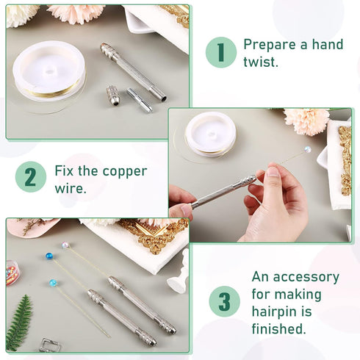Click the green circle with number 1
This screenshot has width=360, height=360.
pyautogui.click(x=221, y=52)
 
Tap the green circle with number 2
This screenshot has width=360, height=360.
pyautogui.click(x=30, y=179)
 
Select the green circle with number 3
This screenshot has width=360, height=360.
pyautogui.click(x=224, y=302)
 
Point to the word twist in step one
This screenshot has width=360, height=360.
pyautogui.click(x=261, y=63)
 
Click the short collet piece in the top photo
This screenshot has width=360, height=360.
pyautogui.click(x=140, y=100)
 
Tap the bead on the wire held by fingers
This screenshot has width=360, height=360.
pyautogui.click(x=306, y=149)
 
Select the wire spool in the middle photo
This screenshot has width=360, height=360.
pyautogui.click(x=210, y=134)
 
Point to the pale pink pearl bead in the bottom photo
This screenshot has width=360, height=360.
pyautogui.click(x=65, y=246)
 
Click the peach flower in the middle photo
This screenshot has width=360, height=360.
pyautogui.click(x=306, y=120)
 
